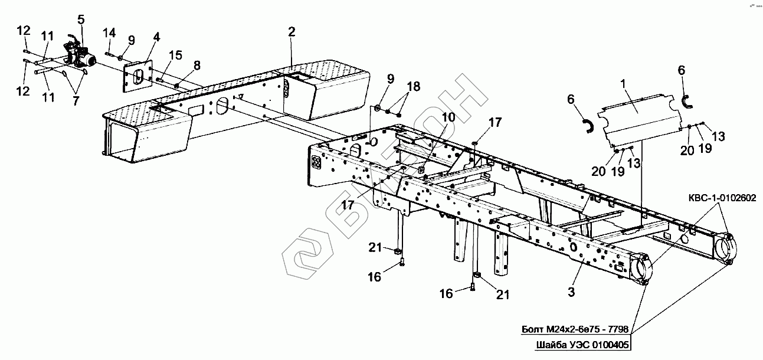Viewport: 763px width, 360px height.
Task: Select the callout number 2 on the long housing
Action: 292,32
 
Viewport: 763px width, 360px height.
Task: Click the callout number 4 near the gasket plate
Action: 156,37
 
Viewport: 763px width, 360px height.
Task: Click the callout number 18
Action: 413,86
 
